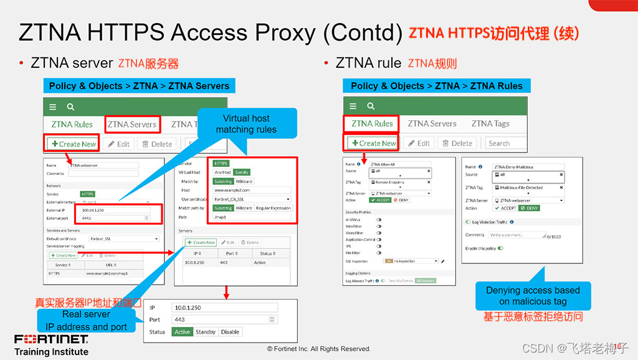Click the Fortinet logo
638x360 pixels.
(x=51, y=339)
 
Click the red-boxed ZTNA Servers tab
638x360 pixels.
(x=132, y=125)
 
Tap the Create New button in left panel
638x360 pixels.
(x=74, y=144)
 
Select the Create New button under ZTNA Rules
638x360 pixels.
(x=373, y=143)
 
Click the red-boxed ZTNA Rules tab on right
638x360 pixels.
(x=372, y=123)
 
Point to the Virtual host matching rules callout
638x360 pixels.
(x=246, y=124)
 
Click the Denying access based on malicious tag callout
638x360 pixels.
(x=533, y=296)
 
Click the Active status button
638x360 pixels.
(x=183, y=332)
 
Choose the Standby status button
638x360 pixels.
(x=206, y=332)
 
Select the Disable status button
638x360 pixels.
(x=230, y=332)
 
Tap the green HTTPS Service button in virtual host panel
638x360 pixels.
(x=221, y=163)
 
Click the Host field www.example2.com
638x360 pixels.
(x=252, y=190)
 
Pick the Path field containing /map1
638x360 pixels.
(x=252, y=217)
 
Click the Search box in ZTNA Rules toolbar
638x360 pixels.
(x=505, y=143)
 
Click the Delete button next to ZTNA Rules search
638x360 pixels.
(x=457, y=143)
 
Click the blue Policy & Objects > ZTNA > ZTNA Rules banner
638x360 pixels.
(x=436, y=86)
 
